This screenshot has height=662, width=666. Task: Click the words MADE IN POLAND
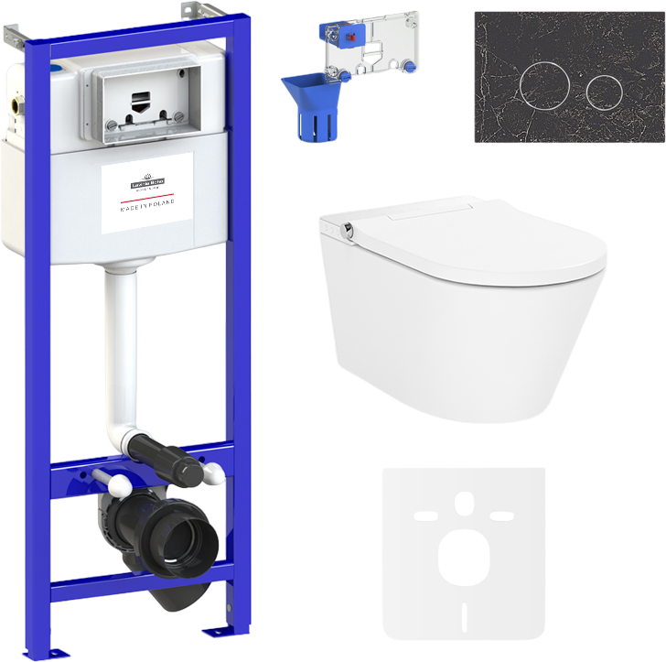click(147, 204)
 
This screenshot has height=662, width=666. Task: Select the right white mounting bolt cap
click(212, 473)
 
